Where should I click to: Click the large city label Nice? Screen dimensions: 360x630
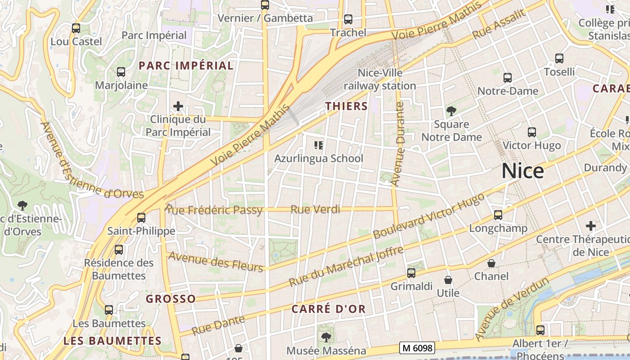click(522, 171)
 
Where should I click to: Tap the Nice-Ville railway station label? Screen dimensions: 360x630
click(380, 79)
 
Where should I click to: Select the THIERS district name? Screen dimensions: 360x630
click(346, 106)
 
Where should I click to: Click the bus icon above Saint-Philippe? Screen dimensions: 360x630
click(141, 218)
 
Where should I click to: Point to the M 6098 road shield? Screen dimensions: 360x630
click(417, 347)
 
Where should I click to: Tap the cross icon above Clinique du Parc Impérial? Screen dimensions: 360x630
click(178, 106)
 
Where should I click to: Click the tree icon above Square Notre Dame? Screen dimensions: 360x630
click(451, 111)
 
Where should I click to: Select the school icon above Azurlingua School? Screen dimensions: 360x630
click(319, 145)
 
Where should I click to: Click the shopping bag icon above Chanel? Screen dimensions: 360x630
click(491, 263)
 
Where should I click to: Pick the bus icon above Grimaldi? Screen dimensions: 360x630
click(411, 273)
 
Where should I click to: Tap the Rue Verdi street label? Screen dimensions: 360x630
click(315, 209)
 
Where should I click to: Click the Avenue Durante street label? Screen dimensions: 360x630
click(398, 144)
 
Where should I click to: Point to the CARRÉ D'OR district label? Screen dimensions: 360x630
click(328, 309)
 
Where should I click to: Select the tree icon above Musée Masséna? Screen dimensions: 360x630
click(326, 337)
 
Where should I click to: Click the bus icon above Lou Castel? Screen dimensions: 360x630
click(76, 28)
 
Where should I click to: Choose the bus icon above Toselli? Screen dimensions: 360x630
click(559, 58)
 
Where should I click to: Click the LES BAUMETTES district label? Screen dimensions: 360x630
click(112, 341)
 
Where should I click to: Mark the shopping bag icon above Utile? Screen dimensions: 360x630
click(448, 280)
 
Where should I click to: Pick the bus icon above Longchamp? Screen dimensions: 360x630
click(498, 215)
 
